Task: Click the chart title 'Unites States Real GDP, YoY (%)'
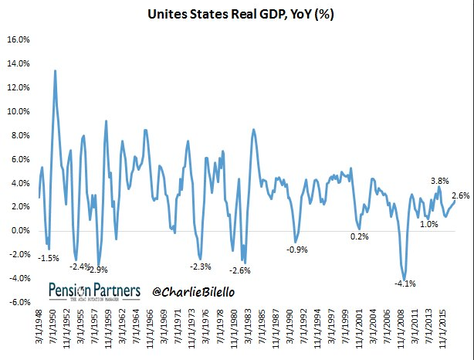tap(237, 12)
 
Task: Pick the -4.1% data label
tap(405, 284)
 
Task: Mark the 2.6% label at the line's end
tap(461, 195)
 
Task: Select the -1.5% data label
tap(49, 258)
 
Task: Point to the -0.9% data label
tap(297, 250)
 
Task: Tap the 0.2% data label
tap(360, 236)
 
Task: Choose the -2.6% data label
tap(240, 270)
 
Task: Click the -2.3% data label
tap(200, 267)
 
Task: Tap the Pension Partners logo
tap(94, 290)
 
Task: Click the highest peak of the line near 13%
tap(55, 71)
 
